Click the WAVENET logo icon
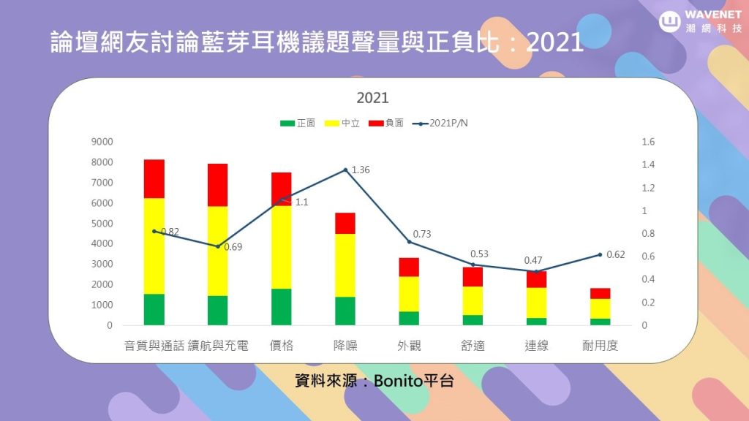point(671,21)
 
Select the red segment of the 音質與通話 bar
point(154,178)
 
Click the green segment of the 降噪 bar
point(345,311)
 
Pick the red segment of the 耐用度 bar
point(600,293)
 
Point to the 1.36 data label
point(361,170)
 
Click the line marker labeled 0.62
point(600,254)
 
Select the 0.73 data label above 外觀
point(423,234)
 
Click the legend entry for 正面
point(298,123)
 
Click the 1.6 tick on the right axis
point(648,142)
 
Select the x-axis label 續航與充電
point(218,346)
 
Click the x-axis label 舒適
point(473,346)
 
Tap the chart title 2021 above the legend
point(372,98)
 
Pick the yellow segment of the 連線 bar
point(536,303)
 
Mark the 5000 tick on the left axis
point(102,224)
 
